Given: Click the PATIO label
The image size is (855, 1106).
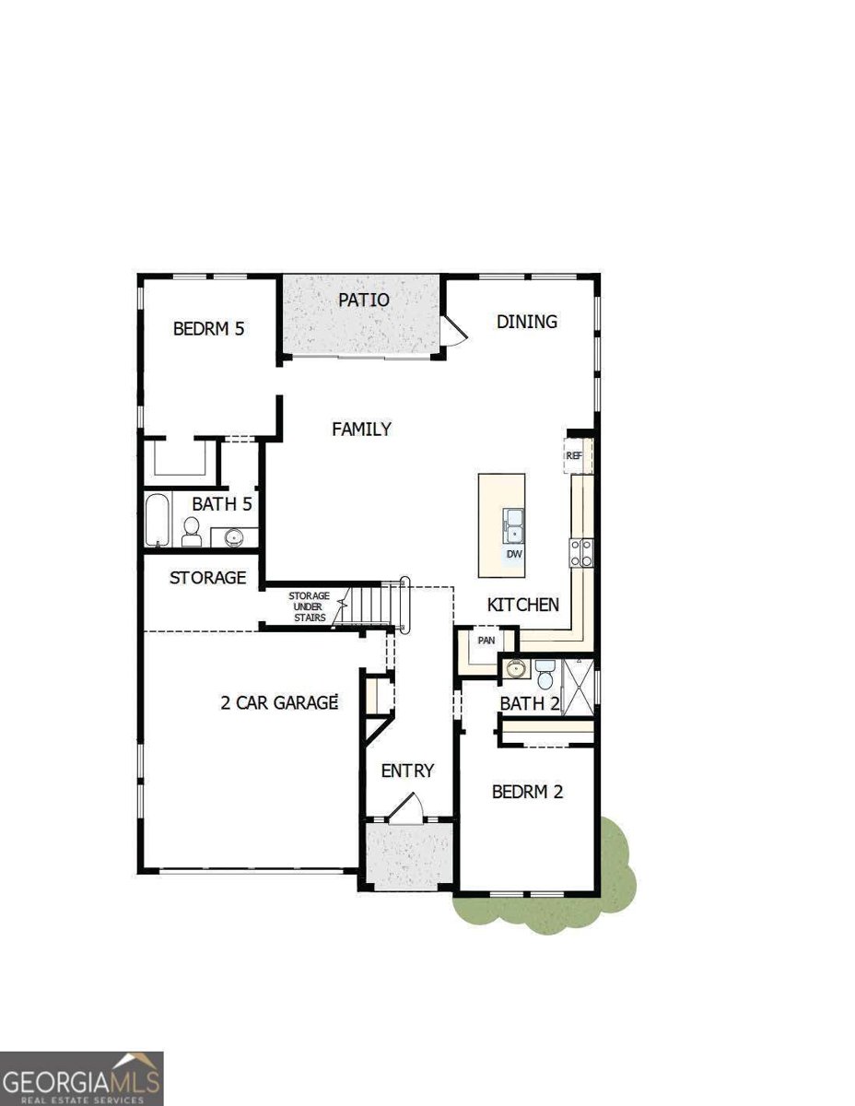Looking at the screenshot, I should (363, 300).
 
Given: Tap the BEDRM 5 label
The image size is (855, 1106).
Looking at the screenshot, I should (208, 328).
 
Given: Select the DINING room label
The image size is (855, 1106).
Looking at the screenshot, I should (526, 322).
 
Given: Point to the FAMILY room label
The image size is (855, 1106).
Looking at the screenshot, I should (361, 429).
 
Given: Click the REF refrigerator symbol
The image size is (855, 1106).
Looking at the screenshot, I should (574, 455).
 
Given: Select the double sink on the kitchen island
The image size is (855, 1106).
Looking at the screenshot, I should (512, 525).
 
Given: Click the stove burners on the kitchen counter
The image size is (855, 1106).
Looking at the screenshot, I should (580, 553).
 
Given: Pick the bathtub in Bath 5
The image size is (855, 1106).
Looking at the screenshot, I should (157, 521).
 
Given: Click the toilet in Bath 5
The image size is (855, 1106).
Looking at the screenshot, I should (192, 531).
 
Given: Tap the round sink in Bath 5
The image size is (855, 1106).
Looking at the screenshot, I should (233, 535).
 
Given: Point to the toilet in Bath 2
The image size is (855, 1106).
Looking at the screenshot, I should (544, 677).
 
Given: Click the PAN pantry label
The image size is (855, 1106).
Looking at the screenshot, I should (486, 640).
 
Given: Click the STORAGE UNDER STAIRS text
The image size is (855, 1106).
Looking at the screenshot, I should (309, 606).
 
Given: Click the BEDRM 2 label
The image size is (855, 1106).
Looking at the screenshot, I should (527, 791).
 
